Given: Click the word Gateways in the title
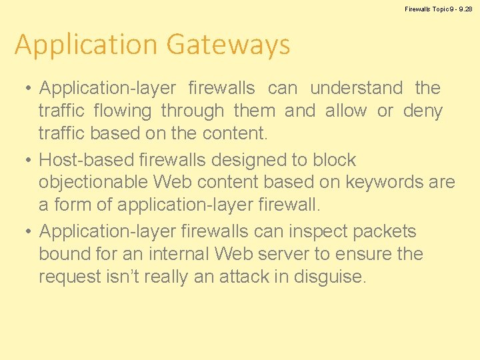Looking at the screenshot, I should [x=229, y=45].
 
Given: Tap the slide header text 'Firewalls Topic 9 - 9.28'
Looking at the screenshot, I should [x=439, y=9].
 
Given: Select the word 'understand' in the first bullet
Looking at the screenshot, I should [x=357, y=88].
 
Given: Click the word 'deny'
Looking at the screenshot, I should [x=423, y=111].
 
